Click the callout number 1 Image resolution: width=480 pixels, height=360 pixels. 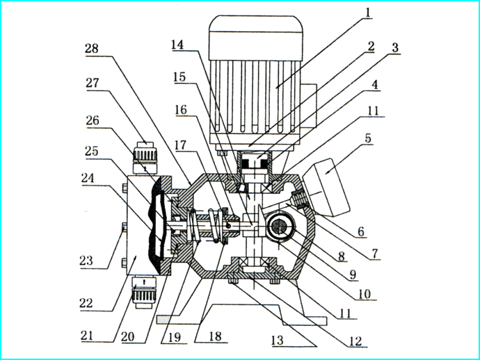tap(370, 13)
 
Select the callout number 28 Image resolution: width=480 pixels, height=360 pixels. tap(92, 48)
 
